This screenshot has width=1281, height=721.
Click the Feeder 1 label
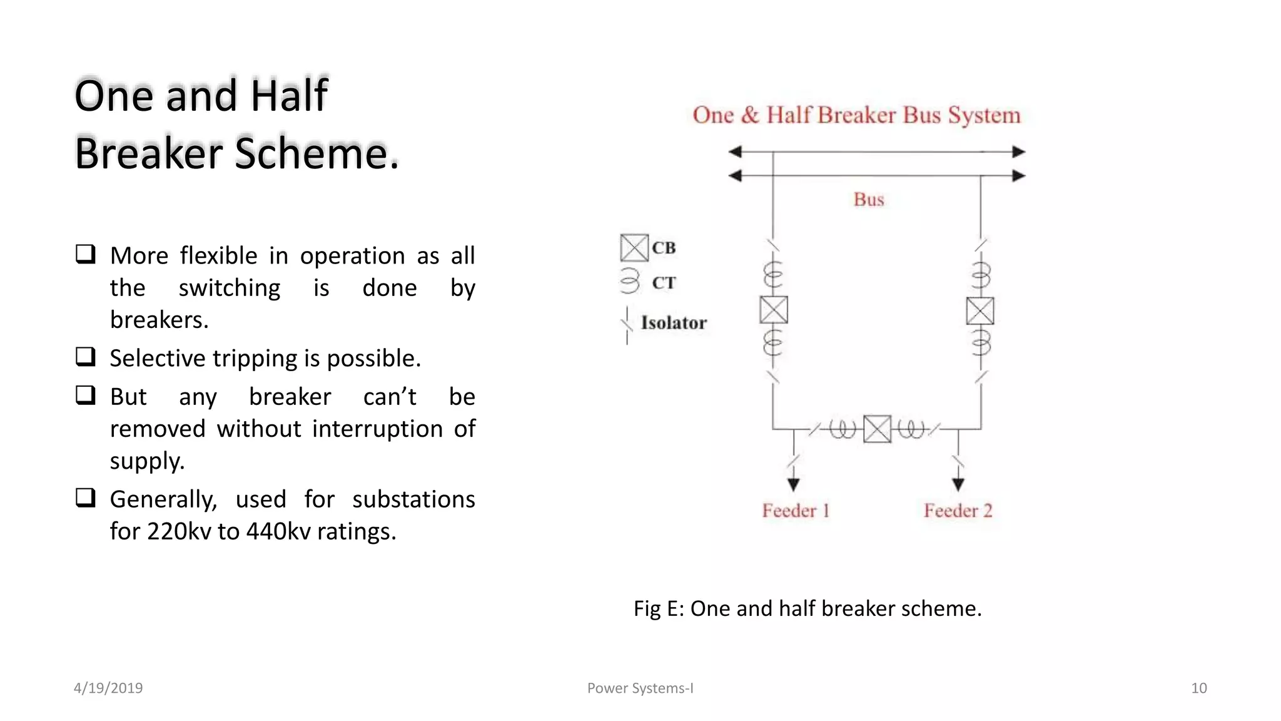coord(795,511)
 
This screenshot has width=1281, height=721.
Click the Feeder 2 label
coord(958,511)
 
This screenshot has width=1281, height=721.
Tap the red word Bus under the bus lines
coord(869,200)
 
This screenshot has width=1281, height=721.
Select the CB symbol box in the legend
coord(634,248)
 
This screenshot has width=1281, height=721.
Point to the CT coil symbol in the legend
coord(630,281)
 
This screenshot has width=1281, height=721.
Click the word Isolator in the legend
coord(674,323)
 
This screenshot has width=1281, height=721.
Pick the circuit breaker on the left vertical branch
coord(774,310)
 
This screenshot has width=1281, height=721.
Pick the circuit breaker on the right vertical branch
coord(980,311)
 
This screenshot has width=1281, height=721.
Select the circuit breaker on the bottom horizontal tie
coord(877,429)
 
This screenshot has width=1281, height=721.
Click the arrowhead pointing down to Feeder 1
coord(794,484)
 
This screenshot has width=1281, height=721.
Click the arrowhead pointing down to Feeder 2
coord(958,484)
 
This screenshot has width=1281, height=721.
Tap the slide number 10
coord(1198,688)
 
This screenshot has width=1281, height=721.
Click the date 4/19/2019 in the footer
coord(108,688)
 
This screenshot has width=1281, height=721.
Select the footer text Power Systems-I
coord(640,688)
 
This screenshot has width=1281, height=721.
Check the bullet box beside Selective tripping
coord(86,357)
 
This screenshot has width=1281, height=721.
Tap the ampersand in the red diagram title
coord(750,115)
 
